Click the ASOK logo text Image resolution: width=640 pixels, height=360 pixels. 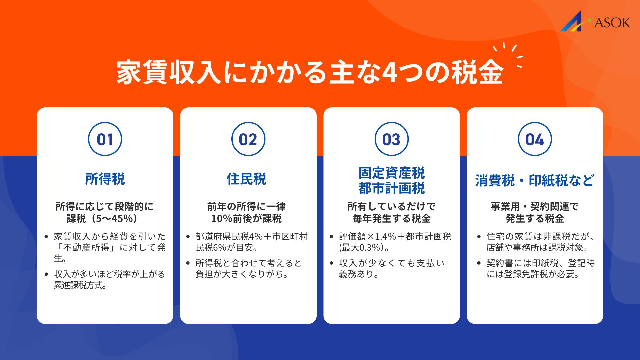coord(612,23)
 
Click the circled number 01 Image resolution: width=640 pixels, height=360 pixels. coord(105,139)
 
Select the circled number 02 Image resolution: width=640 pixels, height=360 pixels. coord(248,139)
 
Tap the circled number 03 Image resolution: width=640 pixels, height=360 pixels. coord(391,139)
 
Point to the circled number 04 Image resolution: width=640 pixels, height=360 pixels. coord(535,139)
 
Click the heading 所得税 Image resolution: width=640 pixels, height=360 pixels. coord(105,179)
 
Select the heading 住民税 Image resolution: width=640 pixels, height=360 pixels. coord(247,179)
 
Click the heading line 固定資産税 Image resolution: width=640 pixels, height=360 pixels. coord(392,173)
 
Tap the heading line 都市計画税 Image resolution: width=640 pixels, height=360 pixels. coord(392,188)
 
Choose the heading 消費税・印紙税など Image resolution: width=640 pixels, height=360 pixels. coord(535,181)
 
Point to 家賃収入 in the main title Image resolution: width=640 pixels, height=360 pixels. coord(169,72)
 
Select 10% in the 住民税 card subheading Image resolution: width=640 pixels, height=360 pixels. coord(222,219)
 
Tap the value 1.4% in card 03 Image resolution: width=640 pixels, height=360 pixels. coord(385,237)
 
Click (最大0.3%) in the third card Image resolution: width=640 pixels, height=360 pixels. coord(362,248)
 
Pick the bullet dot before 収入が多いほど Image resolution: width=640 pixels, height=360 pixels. coord(46,274)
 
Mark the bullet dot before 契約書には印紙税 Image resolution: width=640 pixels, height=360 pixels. coord(479,263)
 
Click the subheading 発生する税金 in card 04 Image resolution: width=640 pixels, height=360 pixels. coord(535,219)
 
